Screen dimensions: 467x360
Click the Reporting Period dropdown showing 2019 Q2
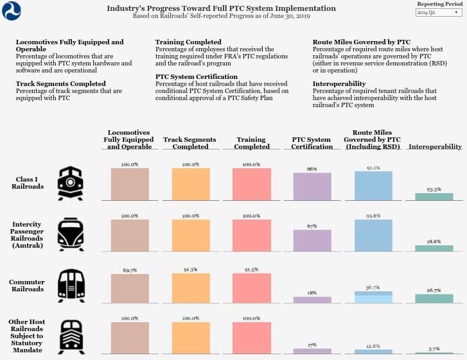pos(439,12)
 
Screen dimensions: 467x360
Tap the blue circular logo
pos(12,11)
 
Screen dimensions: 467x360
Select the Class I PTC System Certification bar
pos(312,187)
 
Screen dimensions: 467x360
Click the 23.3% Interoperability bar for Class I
pos(434,196)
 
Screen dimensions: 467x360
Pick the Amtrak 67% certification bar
pos(312,241)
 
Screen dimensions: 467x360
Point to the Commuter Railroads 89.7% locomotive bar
pos(130,289)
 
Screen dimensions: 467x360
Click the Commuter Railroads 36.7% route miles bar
pos(373,297)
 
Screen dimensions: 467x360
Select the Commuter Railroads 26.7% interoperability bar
pos(434,298)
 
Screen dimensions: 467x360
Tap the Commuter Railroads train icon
pos(71,286)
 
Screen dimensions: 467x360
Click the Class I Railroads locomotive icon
pos(70,184)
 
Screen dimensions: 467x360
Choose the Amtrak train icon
pos(71,234)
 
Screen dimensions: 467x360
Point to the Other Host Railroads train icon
pos(71,337)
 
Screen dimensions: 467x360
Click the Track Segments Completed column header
pos(189,143)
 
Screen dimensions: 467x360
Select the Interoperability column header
pos(435,147)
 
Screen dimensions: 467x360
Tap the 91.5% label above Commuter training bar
pos(251,270)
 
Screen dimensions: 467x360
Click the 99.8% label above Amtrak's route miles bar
pos(373,216)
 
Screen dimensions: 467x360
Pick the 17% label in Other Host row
pos(312,345)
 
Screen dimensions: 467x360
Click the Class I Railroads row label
pos(28,183)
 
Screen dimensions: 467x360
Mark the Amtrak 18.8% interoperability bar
pos(434,248)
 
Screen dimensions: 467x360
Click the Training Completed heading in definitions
pos(188,42)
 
